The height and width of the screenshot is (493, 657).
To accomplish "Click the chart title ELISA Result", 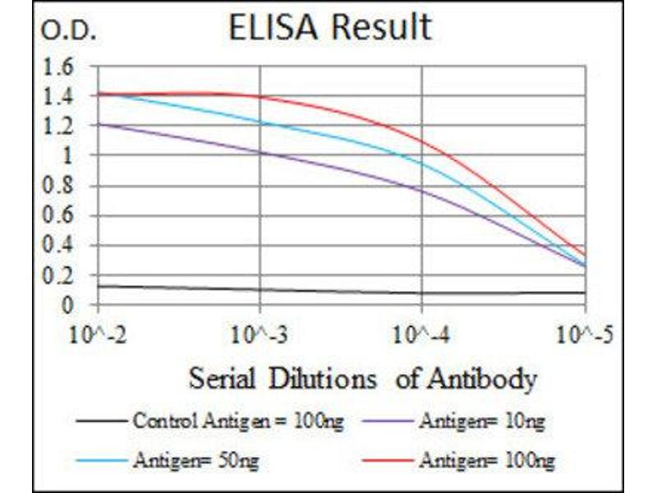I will click(x=328, y=27).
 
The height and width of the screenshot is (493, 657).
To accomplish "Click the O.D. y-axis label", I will click(x=69, y=33).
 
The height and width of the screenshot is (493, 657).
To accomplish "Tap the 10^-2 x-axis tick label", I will click(x=99, y=335).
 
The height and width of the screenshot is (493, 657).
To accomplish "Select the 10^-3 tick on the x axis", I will click(x=260, y=335).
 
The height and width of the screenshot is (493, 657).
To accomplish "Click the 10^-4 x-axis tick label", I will click(x=421, y=335).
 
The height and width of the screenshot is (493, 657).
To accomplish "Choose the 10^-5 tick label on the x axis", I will click(x=585, y=335).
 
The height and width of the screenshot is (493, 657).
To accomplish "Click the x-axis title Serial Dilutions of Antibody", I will click(x=362, y=379).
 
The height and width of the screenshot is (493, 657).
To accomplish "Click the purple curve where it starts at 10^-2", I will click(x=99, y=124).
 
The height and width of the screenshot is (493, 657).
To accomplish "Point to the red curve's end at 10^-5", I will click(x=584, y=255).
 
